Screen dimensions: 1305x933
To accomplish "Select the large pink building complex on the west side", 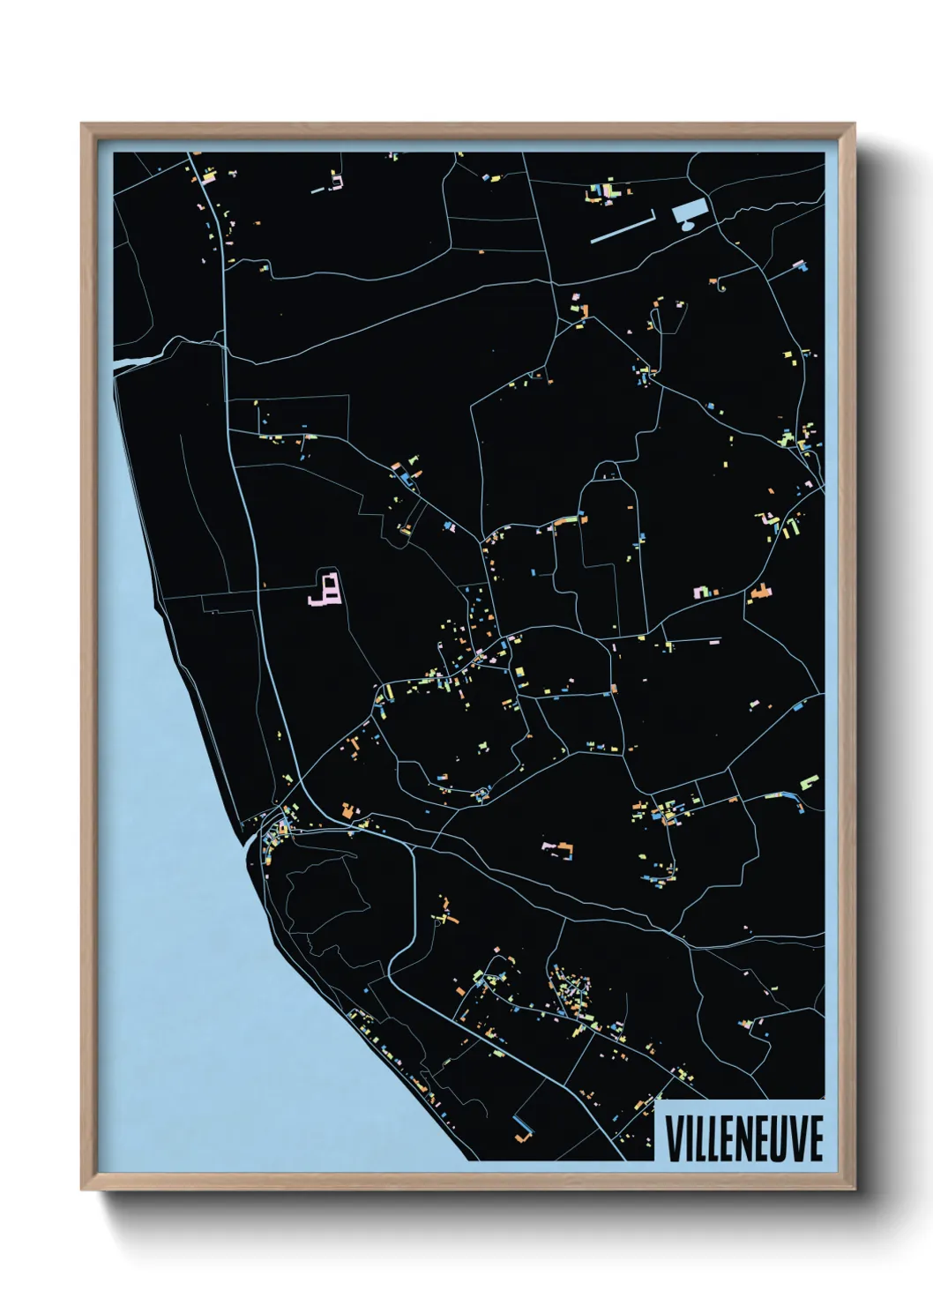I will click(x=326, y=588).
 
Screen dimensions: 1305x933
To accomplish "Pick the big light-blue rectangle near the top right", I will click(x=690, y=211).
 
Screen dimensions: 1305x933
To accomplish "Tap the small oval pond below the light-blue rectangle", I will click(x=688, y=226).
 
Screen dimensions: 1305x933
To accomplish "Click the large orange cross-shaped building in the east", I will click(x=760, y=593).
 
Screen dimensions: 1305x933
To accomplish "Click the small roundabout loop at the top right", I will click(x=722, y=285).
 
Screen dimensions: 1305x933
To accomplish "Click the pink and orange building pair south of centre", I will click(x=557, y=848).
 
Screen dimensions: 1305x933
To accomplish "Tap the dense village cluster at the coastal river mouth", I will click(x=280, y=829).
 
